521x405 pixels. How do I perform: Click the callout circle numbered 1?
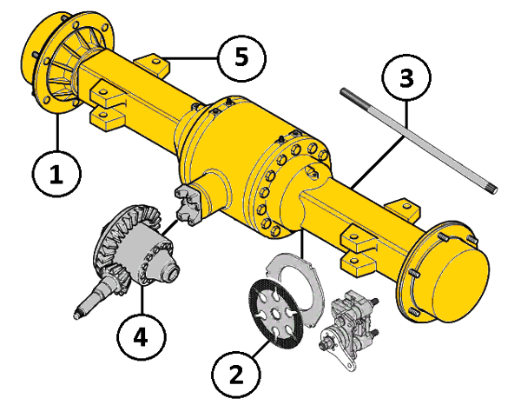[x=56, y=174]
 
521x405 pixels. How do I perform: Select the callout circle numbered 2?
[x=236, y=375]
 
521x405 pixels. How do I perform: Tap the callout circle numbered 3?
[x=406, y=78]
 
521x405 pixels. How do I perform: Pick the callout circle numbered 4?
[x=142, y=336]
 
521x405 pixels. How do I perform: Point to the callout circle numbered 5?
[x=242, y=58]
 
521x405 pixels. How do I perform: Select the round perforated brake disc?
[x=276, y=314]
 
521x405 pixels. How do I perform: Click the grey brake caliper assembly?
[x=349, y=329]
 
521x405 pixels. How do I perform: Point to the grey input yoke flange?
[x=188, y=205]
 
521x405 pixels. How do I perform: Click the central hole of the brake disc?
[x=275, y=314]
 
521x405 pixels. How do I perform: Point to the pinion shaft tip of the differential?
[x=77, y=315]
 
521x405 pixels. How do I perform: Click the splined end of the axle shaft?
[x=492, y=189]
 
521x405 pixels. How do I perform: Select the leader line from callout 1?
[x=58, y=132]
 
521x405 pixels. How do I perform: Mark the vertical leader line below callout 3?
[x=406, y=118]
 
